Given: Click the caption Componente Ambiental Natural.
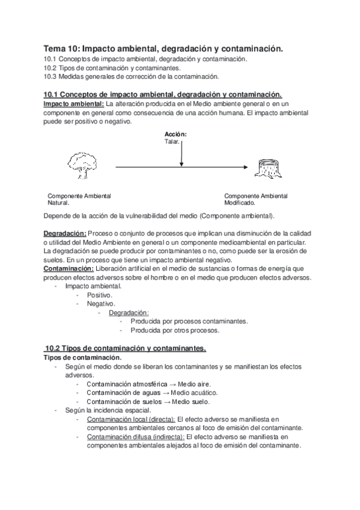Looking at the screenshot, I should (x=79, y=200).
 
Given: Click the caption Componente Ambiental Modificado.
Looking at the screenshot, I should (x=255, y=200).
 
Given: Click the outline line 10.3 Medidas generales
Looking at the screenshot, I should (x=131, y=76).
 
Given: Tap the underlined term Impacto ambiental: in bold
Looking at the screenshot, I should (x=73, y=104).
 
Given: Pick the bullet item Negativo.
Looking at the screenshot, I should (x=101, y=304).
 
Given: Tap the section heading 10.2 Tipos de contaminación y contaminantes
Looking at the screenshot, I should (x=125, y=348).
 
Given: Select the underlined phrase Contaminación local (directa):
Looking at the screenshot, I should (x=130, y=419).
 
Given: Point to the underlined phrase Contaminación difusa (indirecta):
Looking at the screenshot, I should (x=136, y=437).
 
